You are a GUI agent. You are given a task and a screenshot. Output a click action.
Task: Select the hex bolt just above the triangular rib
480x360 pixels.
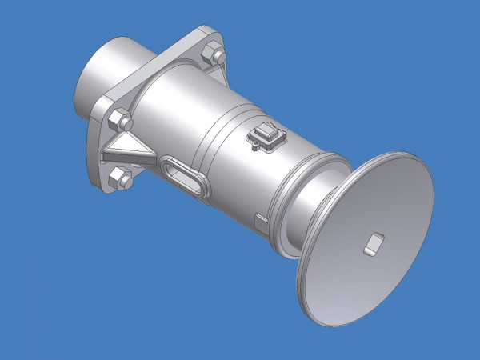121,122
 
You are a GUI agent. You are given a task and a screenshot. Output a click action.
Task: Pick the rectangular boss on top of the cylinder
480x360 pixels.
267,135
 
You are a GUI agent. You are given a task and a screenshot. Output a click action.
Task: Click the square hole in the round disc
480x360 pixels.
372,243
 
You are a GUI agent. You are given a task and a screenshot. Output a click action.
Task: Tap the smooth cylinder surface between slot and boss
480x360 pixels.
224,160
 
